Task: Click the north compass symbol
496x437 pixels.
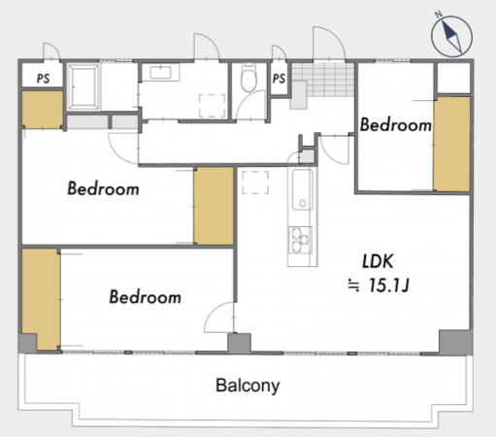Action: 451,35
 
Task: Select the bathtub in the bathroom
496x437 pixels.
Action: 84,85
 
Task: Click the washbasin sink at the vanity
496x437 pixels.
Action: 161,72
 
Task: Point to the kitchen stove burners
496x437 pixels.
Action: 300,240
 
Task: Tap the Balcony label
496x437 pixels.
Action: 248,386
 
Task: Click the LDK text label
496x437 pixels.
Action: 378,261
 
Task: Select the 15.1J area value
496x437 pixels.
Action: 389,286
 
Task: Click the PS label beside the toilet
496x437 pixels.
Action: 279,79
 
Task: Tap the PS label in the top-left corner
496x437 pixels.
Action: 43,79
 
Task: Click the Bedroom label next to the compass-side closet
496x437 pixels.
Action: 396,125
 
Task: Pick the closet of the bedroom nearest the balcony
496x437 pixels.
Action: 41,299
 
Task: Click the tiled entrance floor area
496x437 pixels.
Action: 323,80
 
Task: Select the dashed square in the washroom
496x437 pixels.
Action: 212,106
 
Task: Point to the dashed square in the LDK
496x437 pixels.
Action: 255,183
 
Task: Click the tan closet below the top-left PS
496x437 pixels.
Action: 43,110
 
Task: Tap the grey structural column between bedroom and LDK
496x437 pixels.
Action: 239,343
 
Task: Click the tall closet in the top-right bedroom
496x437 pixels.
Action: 451,144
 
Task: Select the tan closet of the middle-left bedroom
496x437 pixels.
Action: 214,206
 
